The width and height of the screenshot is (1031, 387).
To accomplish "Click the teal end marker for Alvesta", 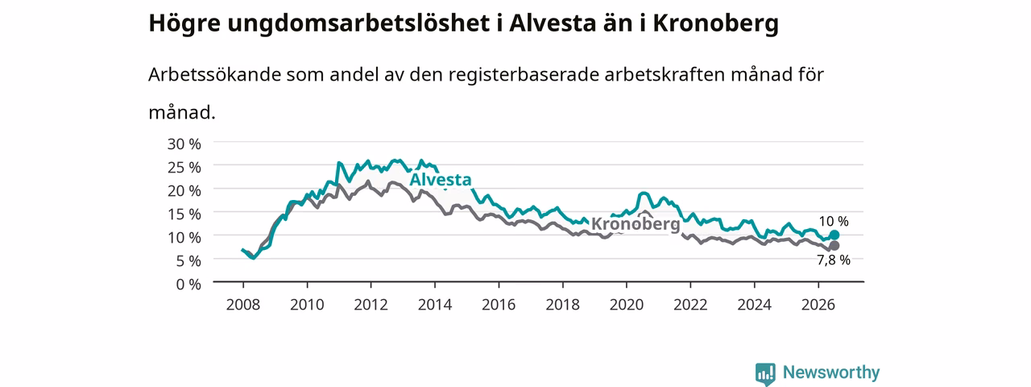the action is point(834,235).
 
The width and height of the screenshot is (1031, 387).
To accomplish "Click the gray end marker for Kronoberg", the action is point(834,246).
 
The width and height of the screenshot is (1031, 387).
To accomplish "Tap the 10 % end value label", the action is point(834,222).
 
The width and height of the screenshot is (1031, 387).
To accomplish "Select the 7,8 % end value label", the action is point(834,260).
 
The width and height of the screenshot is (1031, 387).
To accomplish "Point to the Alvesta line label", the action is point(441,180).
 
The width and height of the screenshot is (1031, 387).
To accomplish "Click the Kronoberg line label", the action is point(636,224).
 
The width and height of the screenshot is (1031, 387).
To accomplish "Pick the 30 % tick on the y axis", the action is point(184,144).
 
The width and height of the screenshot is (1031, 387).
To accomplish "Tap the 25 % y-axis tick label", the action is point(184,167).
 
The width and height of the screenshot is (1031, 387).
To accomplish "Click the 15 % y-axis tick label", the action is point(184,214).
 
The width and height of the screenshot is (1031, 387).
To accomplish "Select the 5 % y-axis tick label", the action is point(188,261).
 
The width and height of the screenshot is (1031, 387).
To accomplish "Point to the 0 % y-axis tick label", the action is point(188,285).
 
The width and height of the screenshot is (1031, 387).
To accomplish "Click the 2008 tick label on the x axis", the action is point(243,305).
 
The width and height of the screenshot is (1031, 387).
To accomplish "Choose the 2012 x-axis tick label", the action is point(371,305).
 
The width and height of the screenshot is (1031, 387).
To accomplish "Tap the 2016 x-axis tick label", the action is point(499,305).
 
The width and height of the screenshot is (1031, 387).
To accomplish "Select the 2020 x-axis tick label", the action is point(627,305).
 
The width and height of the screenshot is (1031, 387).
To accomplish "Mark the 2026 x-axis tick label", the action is point(818,305).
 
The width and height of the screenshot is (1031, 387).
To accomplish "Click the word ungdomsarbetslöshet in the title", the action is point(358,24).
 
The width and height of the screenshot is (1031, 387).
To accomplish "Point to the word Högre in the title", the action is point(184,24).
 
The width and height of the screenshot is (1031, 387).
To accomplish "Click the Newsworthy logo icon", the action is point(765,373).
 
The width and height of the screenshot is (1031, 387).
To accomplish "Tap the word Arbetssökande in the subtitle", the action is point(214,75).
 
